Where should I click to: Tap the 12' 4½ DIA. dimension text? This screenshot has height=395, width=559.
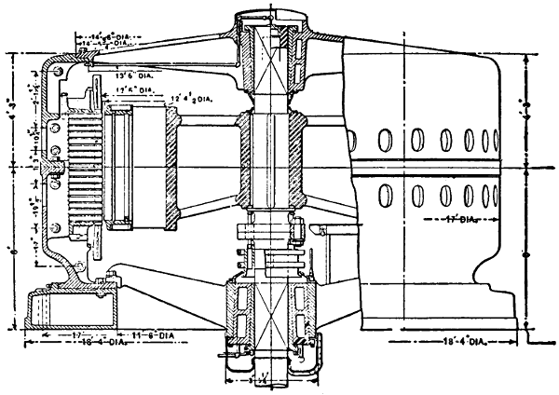coord(191,96)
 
